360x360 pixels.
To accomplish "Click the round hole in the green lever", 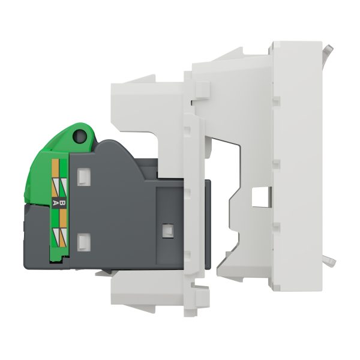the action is pos(80,136).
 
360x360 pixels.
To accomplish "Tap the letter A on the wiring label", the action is pos(55,203).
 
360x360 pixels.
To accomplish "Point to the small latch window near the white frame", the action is pos(168,230).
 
